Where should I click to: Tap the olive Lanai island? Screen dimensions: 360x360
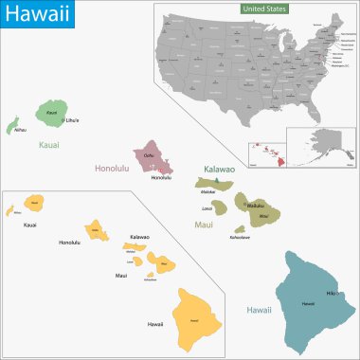[219, 207]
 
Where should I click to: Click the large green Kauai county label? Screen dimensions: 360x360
[49, 145]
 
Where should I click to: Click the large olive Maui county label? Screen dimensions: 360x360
[204, 225]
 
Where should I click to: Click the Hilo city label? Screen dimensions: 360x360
[333, 294]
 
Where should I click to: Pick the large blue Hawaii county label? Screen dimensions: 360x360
[256, 310]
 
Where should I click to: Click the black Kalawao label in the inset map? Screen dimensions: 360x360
[139, 236]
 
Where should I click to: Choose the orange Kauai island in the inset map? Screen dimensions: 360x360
[35, 202]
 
